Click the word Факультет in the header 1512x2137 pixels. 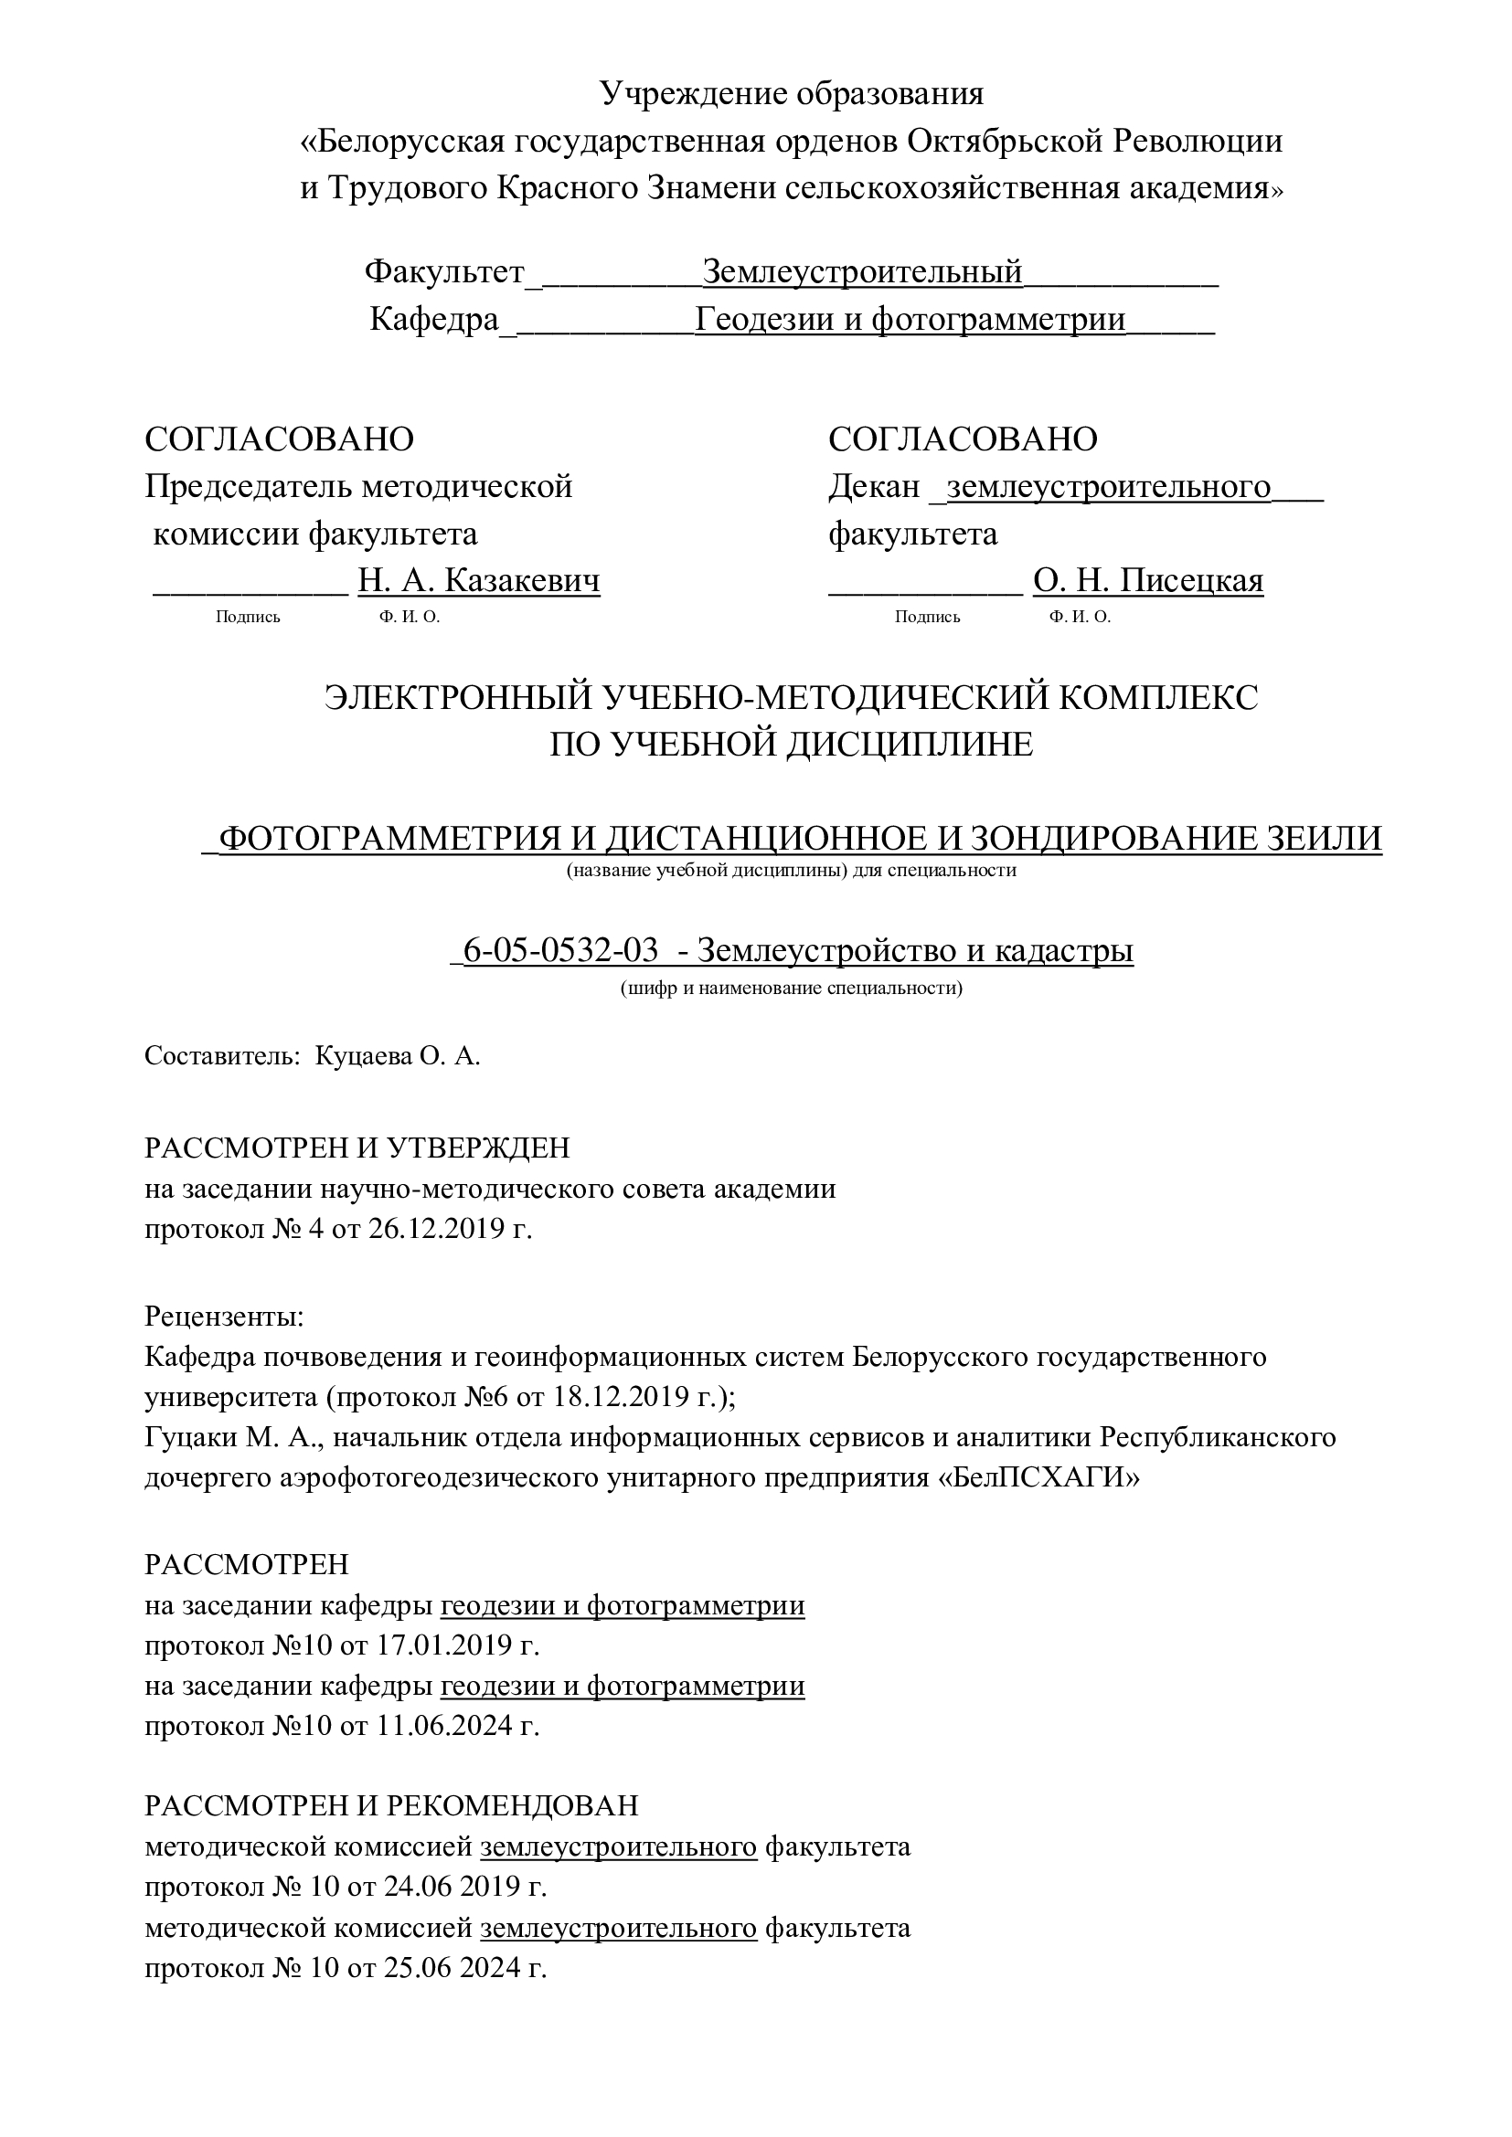(444, 271)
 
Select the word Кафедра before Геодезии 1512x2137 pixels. (434, 319)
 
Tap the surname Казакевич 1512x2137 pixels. (522, 581)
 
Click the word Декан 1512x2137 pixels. (873, 486)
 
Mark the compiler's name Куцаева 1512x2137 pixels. (359, 1056)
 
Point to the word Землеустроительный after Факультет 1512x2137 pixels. (862, 271)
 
